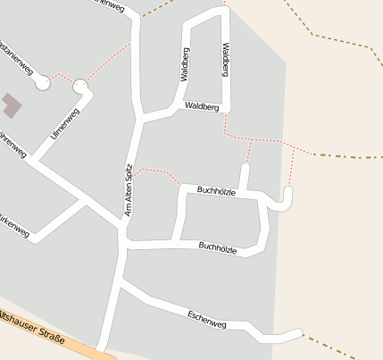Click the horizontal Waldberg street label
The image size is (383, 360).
click(x=202, y=106)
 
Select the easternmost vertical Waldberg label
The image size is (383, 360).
click(x=226, y=59)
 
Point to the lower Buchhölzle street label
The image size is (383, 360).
click(x=218, y=247)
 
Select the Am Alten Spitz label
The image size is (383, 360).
click(x=129, y=189)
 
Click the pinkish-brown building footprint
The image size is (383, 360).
click(x=12, y=105)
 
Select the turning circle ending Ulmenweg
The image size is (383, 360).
click(x=80, y=87)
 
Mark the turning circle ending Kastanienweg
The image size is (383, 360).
click(x=42, y=83)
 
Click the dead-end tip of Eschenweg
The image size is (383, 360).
click(x=301, y=334)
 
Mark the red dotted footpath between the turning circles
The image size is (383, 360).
click(x=62, y=77)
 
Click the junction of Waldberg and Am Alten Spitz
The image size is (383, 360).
click(x=140, y=117)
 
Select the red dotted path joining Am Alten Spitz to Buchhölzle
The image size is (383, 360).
click(x=161, y=170)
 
